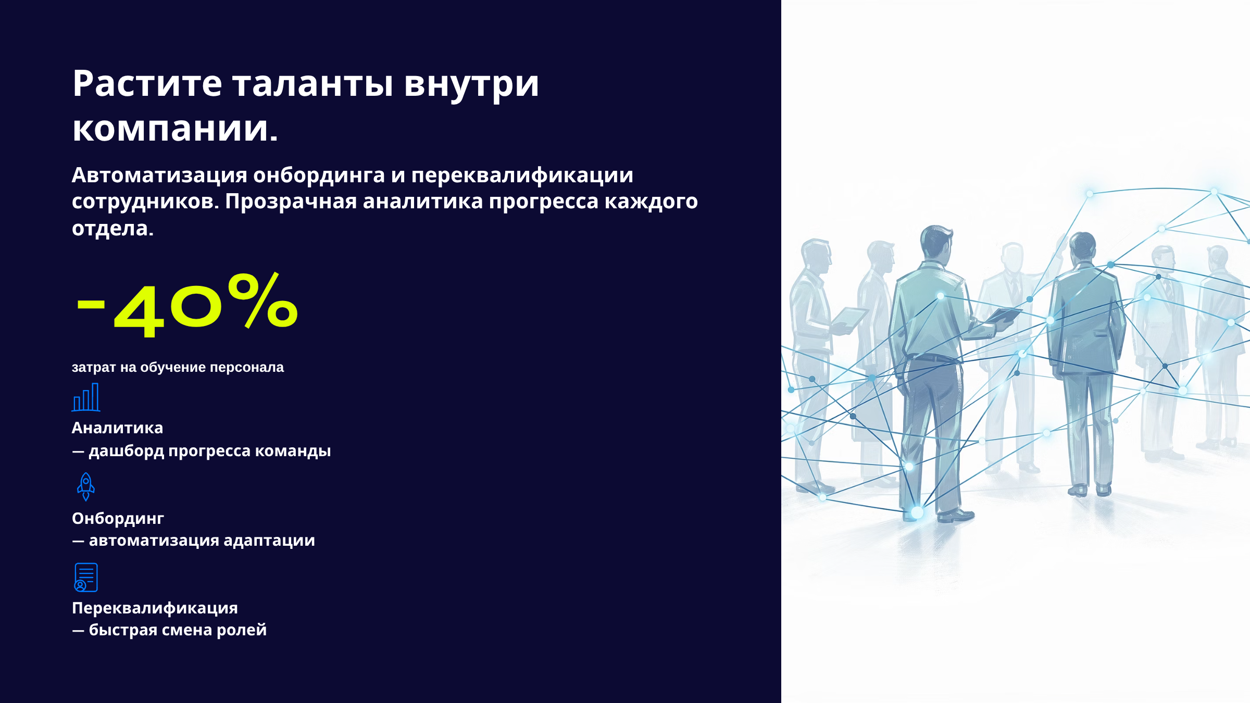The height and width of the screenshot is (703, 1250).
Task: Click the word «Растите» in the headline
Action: click(147, 83)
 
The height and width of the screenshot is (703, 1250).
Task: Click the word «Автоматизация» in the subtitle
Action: click(159, 175)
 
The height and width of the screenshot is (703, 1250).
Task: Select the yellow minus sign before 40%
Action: click(91, 304)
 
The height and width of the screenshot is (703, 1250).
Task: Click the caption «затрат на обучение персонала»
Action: click(178, 368)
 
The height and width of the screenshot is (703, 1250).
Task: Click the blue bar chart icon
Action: click(86, 397)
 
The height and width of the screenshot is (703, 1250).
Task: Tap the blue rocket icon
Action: click(86, 487)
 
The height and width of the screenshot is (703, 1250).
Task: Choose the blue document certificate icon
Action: click(86, 578)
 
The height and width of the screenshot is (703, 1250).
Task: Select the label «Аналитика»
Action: click(117, 428)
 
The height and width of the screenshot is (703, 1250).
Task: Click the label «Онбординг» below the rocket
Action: click(118, 519)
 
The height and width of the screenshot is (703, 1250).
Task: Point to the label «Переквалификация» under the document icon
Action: click(155, 608)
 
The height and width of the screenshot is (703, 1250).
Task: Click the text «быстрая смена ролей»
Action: click(178, 630)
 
